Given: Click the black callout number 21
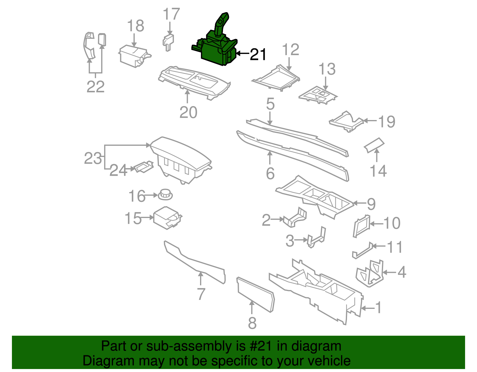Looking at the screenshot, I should point(258,55).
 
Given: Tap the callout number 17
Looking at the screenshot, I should point(171,14).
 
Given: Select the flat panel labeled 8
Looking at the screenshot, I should point(255,294).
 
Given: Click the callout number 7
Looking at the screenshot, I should point(201,294).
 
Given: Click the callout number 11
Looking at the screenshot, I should point(394,247).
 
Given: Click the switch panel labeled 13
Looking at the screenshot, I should point(318,96).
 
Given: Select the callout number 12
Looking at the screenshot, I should point(290,50).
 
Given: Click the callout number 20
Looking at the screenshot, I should point(188,112).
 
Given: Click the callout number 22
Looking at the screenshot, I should point(96,87).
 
